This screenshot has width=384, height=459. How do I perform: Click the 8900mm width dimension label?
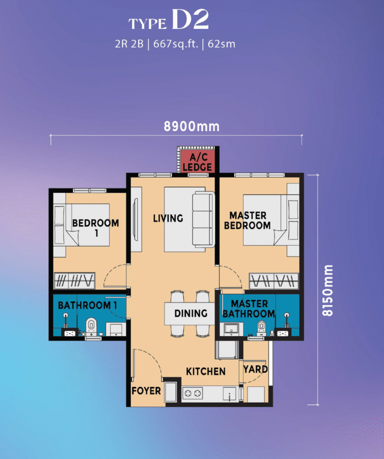(191, 126)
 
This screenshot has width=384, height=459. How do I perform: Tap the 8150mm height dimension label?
(327, 290)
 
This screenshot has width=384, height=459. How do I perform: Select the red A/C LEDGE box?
(197, 161)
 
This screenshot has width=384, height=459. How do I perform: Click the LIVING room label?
(168, 218)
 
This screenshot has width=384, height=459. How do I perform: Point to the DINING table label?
(191, 313)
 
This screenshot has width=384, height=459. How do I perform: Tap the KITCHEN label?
(206, 371)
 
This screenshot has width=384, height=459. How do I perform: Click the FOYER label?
(146, 391)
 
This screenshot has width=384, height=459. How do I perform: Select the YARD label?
(255, 369)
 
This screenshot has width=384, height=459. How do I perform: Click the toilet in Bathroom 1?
(91, 326)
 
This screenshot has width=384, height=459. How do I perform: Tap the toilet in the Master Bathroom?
(261, 328)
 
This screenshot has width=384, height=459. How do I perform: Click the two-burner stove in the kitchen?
(192, 393)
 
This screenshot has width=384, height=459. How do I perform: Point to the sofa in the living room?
(203, 219)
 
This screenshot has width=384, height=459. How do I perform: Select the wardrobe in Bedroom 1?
(74, 280)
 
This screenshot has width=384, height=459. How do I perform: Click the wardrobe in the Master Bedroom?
(273, 280)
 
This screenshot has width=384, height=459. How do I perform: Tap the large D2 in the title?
(190, 19)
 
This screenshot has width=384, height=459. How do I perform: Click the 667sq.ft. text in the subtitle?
(176, 44)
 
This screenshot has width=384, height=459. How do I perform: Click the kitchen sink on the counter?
(229, 394)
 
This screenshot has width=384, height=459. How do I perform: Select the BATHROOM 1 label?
(87, 305)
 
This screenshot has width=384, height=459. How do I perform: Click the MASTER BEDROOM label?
(247, 220)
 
